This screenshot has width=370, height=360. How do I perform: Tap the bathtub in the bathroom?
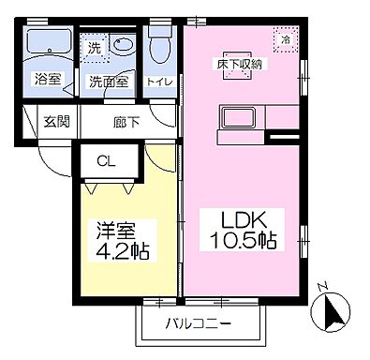[x=47, y=43]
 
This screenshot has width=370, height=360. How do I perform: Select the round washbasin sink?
[x=123, y=45]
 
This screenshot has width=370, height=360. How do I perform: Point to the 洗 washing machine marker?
[x=94, y=46]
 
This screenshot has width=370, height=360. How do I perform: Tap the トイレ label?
[x=159, y=82]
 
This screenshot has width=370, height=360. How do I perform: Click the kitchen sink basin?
[x=234, y=120]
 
